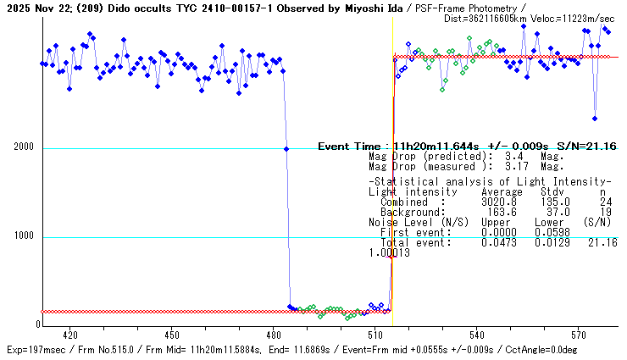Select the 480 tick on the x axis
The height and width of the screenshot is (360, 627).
click(273, 335)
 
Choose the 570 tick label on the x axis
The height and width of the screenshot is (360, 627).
click(578, 335)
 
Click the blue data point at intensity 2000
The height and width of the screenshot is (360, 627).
click(286, 149)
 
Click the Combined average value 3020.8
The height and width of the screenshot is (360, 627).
click(499, 202)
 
